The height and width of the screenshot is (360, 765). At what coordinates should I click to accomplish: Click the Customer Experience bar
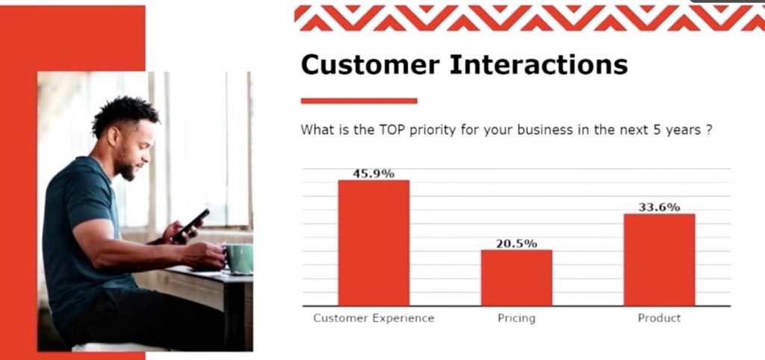(x=374, y=243)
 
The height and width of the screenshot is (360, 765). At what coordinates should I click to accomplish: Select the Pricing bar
(x=516, y=278)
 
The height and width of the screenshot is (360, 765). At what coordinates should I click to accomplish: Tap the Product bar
(x=659, y=259)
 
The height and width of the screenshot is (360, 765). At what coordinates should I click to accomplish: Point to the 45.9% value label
(x=374, y=174)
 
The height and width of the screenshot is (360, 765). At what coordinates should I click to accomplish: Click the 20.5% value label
(x=517, y=243)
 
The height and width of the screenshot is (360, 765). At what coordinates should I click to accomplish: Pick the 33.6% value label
(x=659, y=208)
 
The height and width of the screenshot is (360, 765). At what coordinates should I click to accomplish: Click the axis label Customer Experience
(x=374, y=318)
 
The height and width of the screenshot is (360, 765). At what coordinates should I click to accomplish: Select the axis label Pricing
(x=516, y=318)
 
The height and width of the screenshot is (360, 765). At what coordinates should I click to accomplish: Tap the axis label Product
(x=659, y=318)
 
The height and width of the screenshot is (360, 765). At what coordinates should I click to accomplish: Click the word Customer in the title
(x=371, y=64)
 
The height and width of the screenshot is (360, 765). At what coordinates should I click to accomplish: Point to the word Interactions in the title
(x=539, y=64)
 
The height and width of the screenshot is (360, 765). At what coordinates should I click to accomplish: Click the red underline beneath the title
(x=359, y=101)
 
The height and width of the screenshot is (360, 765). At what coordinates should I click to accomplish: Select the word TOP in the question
(x=391, y=130)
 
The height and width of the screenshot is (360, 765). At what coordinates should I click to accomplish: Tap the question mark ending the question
(x=708, y=130)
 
